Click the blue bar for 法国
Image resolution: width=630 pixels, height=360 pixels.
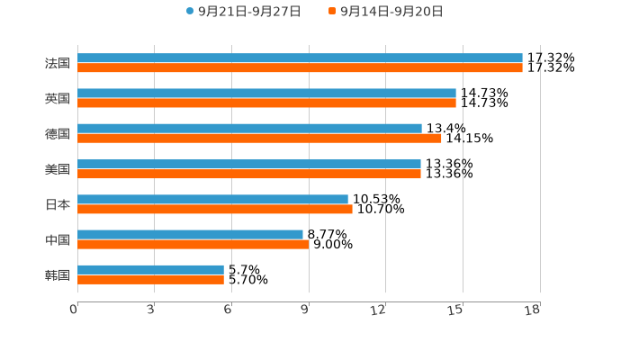point(300,58)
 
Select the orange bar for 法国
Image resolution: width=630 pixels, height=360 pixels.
point(300,67)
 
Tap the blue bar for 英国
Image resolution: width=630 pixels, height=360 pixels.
point(266,93)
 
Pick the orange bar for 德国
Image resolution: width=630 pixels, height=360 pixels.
point(259,138)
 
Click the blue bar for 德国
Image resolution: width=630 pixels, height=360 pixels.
point(249,128)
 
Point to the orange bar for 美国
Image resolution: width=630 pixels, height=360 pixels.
point(249,174)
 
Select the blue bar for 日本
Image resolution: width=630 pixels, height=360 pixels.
point(212,199)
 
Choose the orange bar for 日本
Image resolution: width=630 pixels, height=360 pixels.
point(215,209)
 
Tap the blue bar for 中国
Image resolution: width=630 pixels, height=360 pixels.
point(190,234)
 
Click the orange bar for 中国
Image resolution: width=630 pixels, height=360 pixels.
point(193,244)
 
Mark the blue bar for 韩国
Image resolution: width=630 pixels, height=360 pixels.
point(150,269)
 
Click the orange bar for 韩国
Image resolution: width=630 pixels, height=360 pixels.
point(150,279)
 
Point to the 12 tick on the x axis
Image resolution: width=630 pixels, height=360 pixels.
point(379,310)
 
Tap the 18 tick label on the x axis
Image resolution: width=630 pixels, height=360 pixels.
point(533,310)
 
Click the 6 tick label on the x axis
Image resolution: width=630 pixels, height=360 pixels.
point(229,310)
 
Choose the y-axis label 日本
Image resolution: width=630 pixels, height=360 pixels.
point(58,204)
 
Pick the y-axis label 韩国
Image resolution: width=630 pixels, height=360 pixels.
point(58,274)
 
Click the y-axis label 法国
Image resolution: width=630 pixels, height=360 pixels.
point(58,63)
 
